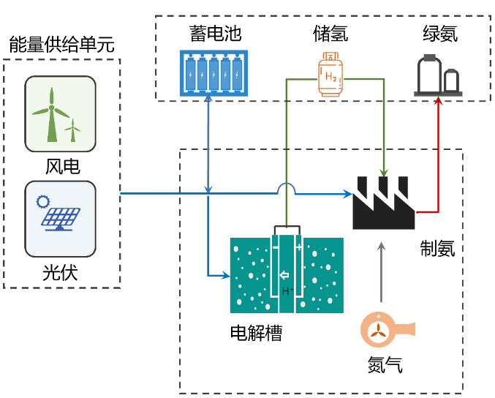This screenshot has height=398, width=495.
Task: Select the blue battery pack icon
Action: [x=214, y=73]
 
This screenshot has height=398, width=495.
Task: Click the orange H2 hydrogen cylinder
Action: [x=330, y=75]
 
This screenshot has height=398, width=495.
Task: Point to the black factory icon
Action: [x=384, y=203]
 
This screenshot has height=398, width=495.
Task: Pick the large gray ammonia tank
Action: [x=429, y=74]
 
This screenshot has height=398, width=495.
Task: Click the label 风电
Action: [x=62, y=167]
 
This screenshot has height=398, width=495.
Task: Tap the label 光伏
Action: [x=60, y=273]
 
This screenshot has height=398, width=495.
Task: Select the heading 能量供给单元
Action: [x=61, y=44]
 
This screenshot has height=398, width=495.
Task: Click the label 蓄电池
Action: [x=216, y=34]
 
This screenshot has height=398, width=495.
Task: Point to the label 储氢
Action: [x=330, y=34]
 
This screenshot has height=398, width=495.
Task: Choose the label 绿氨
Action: [x=440, y=34]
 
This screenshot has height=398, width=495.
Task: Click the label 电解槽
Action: [x=256, y=333]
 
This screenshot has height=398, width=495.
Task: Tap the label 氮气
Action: [x=385, y=365]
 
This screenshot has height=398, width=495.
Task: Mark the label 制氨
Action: [x=438, y=248]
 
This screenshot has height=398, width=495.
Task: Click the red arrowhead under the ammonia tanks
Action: [x=438, y=101]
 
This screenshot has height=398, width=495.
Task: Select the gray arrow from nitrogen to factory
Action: [x=382, y=272]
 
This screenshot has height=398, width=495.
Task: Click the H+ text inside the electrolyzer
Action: [x=287, y=291]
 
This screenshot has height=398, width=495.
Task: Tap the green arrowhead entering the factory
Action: [x=384, y=173]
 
